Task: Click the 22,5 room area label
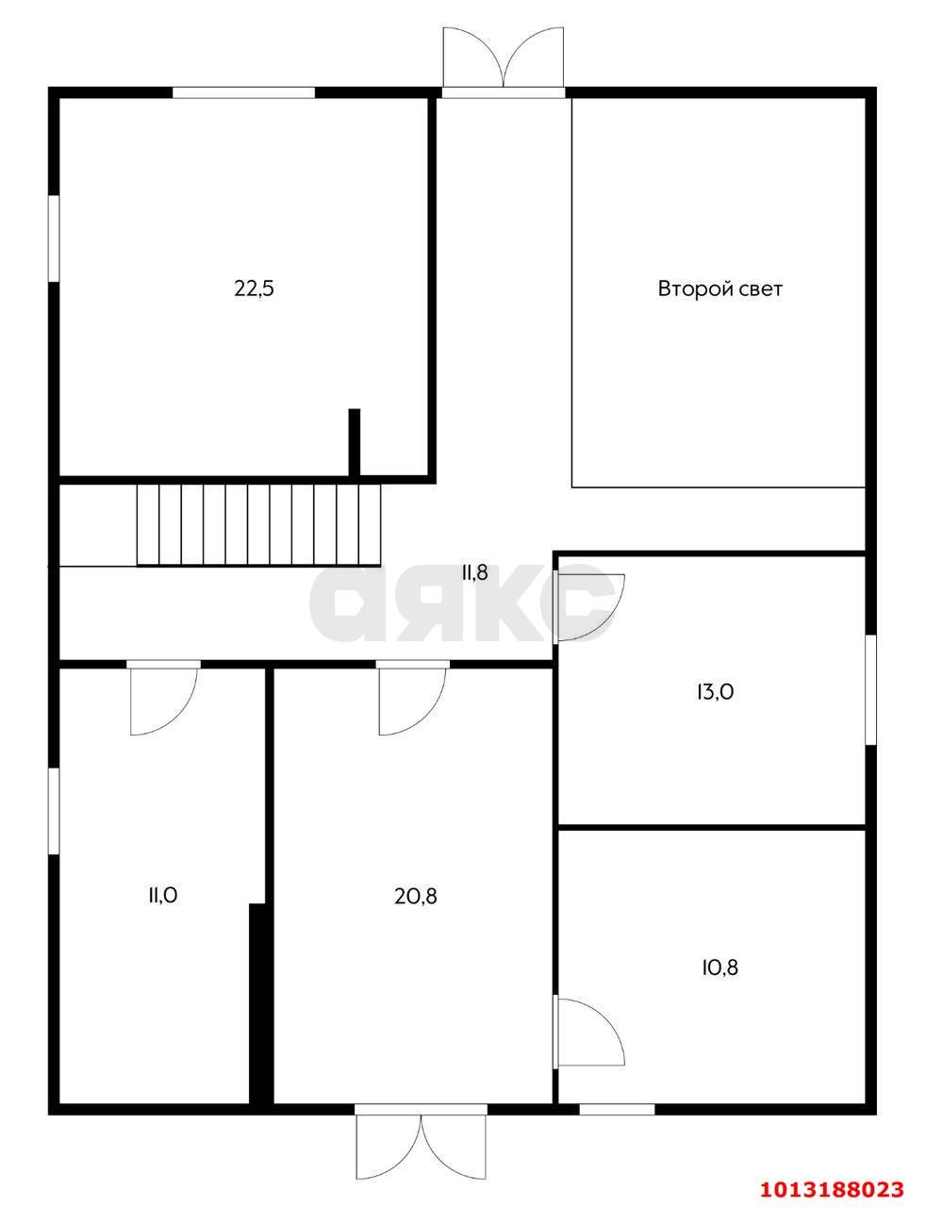tap(254, 289)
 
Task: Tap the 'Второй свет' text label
tap(719, 289)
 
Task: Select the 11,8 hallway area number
tap(474, 572)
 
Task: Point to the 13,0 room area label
tap(716, 691)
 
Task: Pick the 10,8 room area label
tap(719, 967)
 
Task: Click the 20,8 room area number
tap(416, 896)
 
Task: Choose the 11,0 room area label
tap(163, 896)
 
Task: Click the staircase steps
tap(259, 525)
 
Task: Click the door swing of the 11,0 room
tap(164, 701)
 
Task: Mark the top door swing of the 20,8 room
tap(412, 701)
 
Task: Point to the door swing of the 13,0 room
tap(591, 607)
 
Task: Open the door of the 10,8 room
tap(591, 1032)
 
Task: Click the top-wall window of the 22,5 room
tap(243, 92)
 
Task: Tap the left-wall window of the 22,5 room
tap(54, 239)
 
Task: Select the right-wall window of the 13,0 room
tap(870, 689)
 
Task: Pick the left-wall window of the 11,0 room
tap(54, 811)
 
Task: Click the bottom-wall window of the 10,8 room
tap(617, 1109)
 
